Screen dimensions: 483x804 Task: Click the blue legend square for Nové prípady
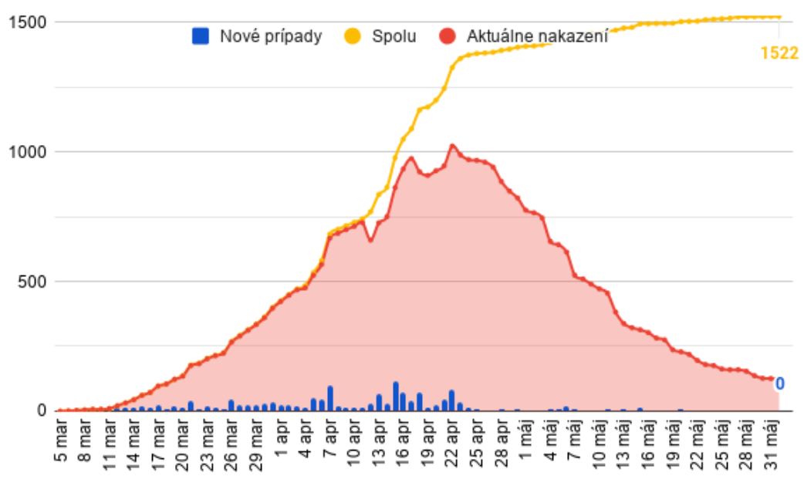tap(201, 35)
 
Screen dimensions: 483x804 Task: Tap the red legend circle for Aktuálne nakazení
tap(448, 35)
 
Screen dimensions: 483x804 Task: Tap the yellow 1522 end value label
tap(778, 54)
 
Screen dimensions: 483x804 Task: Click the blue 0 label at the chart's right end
tap(779, 383)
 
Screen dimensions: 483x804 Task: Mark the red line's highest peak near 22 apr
tap(452, 145)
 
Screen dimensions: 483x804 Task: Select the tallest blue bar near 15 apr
tap(396, 396)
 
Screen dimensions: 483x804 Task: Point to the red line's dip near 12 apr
tap(370, 240)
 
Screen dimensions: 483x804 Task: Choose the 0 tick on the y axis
tap(42, 410)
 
